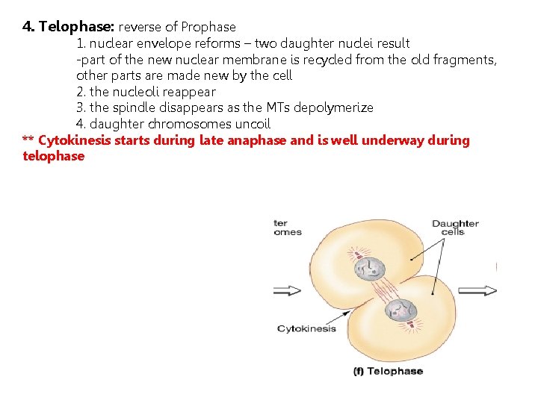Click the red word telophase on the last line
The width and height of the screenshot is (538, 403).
pos(54,156)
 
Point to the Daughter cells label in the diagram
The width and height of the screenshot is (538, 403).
pos(454,227)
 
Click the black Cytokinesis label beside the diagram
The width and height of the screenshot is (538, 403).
pos(306,328)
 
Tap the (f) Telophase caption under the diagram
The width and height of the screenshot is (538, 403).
pos(388,371)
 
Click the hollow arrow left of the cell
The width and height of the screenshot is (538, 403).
pos(288,290)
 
